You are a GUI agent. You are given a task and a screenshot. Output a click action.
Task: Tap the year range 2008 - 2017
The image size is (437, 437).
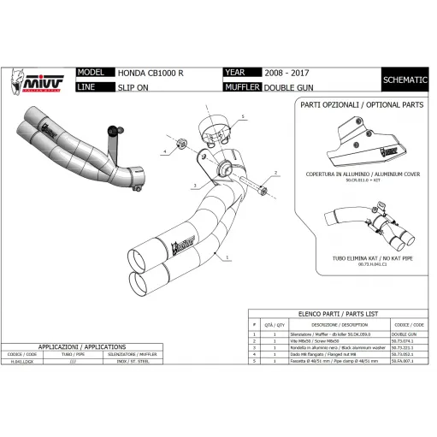tap(286, 73)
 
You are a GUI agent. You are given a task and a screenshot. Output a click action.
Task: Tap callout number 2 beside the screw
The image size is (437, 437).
tap(275, 173)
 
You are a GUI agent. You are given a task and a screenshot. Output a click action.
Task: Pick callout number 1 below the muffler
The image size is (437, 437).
tap(228, 257)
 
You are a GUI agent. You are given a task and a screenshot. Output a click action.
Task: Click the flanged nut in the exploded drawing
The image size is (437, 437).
tap(181, 144)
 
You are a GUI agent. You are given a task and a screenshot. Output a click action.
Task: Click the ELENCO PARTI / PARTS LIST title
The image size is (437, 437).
tap(339, 315)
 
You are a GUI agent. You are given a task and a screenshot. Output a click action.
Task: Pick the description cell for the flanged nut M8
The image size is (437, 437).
tap(323, 355)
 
